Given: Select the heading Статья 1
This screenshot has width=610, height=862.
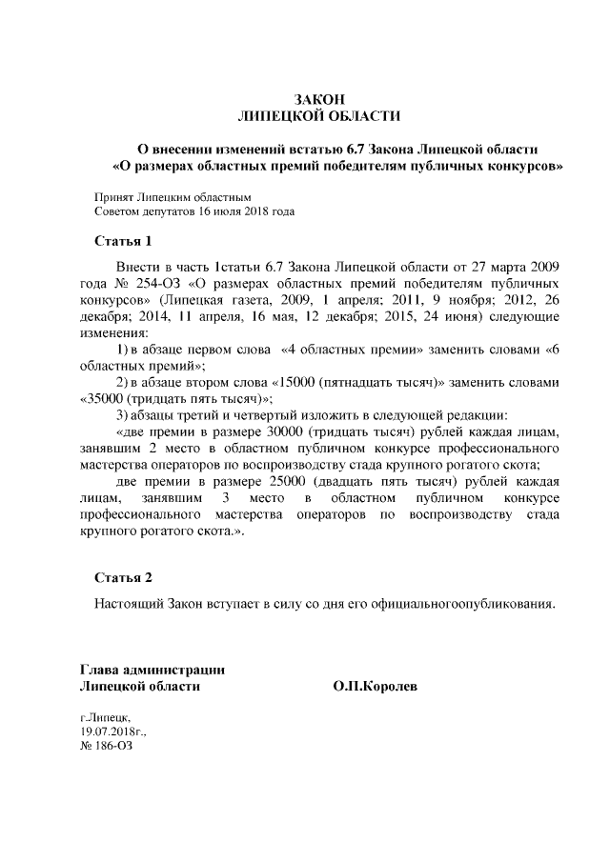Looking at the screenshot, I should click(124, 239).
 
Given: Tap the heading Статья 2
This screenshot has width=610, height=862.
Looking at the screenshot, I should click(124, 578).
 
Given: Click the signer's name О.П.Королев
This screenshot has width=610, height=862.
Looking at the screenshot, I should click(376, 686).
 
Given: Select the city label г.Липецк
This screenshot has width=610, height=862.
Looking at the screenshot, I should click(106, 714).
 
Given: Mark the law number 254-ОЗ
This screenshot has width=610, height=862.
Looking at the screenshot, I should click(161, 285).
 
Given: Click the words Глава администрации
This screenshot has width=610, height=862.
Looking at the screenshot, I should click(152, 669).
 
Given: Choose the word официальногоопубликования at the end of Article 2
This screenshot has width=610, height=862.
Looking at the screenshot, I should click(461, 604).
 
